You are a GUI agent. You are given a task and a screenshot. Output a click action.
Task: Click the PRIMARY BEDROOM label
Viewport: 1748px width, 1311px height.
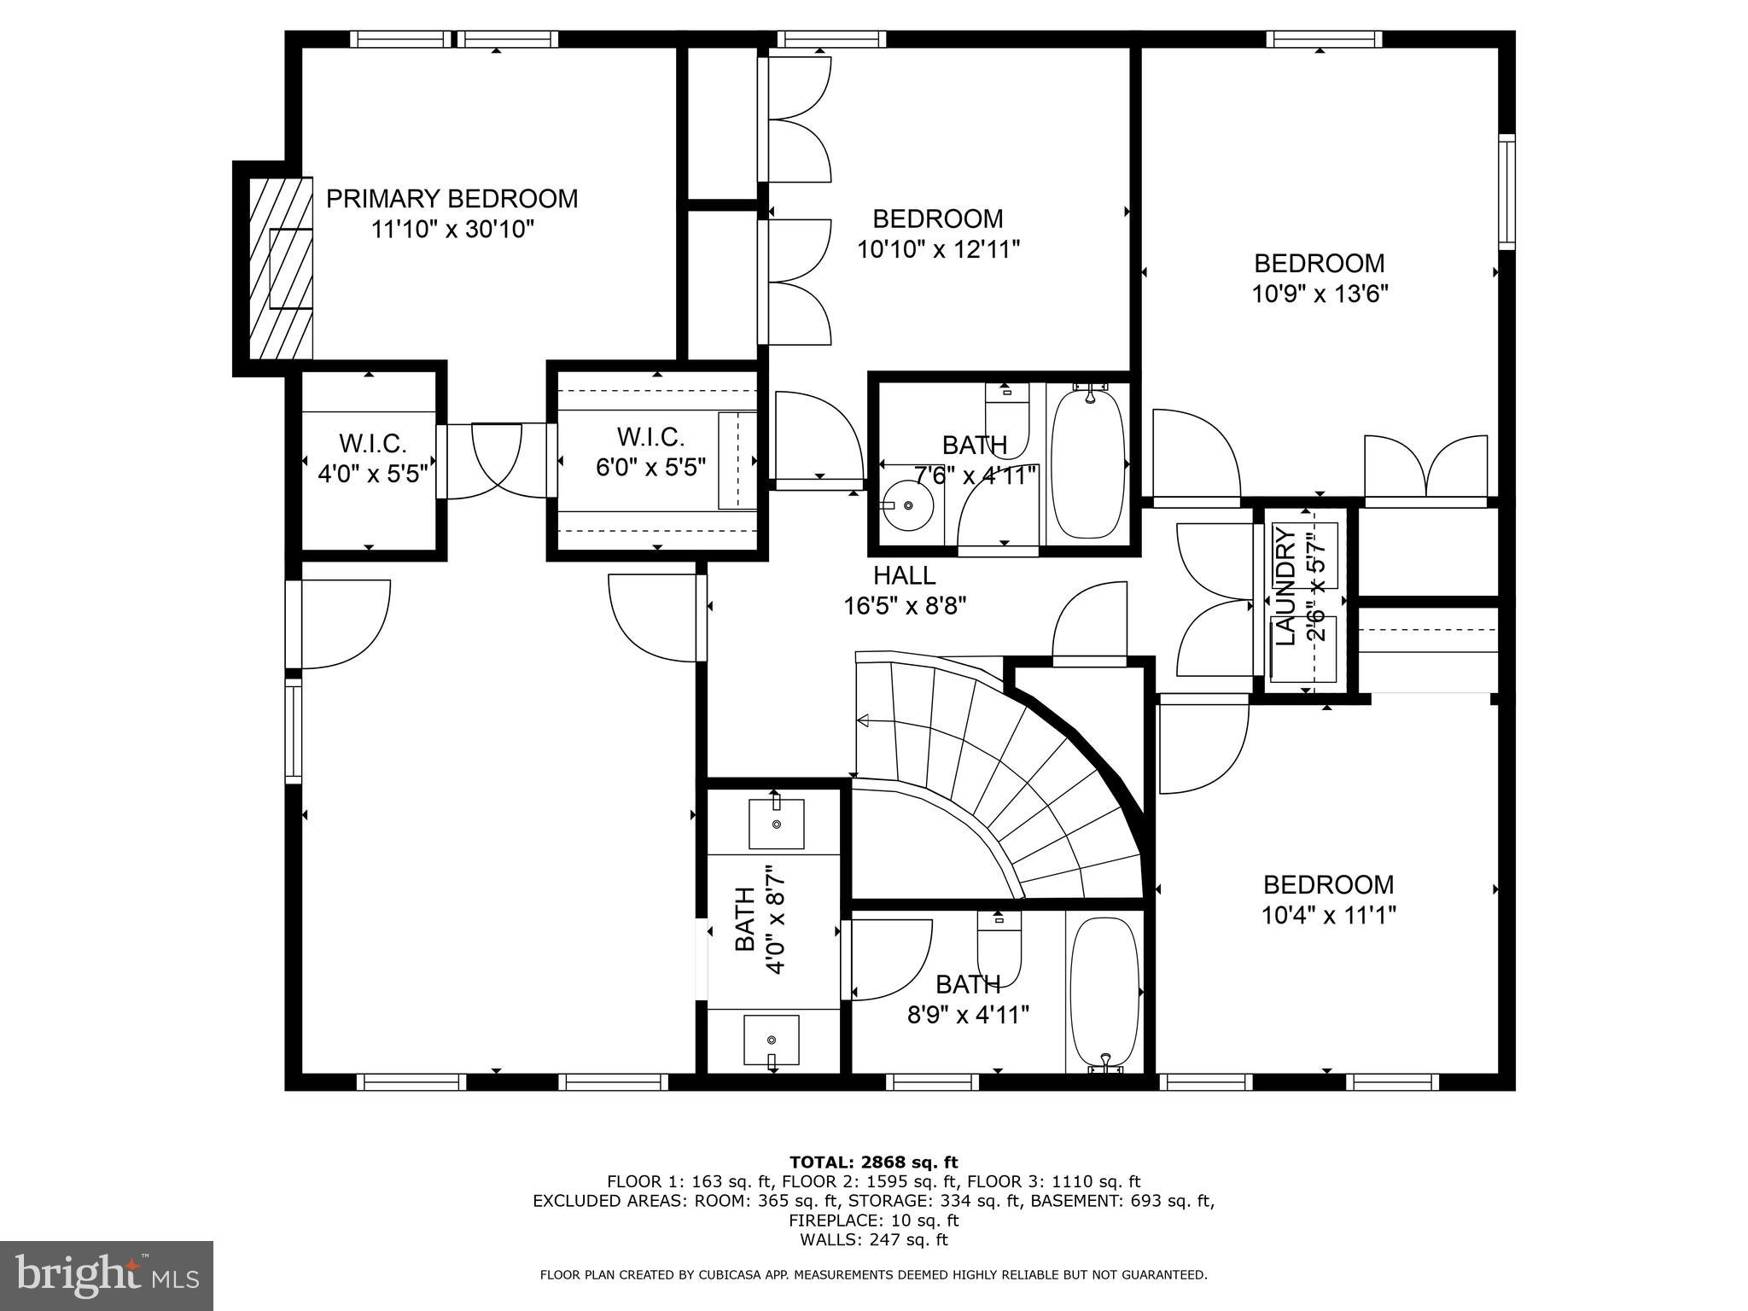[x=452, y=199]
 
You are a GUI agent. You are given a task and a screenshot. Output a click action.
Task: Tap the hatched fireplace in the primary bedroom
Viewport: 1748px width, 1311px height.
[x=281, y=268]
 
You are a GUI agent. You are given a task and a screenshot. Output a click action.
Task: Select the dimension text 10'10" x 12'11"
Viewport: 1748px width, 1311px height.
[x=938, y=249]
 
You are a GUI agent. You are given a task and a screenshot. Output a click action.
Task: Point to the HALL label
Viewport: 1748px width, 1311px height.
[x=904, y=575]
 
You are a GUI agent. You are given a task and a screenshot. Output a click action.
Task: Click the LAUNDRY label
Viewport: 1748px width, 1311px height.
[x=1285, y=586]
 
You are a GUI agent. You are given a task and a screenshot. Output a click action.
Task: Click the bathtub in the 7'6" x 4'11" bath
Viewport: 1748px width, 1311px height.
[x=1087, y=463]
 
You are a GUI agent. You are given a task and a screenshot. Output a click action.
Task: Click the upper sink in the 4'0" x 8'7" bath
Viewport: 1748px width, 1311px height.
[x=776, y=824]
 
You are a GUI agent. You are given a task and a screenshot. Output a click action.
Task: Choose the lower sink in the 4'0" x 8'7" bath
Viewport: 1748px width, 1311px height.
[x=771, y=1040]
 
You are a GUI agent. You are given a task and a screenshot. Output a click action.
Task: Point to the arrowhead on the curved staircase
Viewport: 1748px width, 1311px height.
[x=863, y=721]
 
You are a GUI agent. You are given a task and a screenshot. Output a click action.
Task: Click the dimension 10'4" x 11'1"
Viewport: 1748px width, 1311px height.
[x=1328, y=915]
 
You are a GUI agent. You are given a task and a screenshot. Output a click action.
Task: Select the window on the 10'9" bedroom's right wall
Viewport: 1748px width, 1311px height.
[x=1506, y=192]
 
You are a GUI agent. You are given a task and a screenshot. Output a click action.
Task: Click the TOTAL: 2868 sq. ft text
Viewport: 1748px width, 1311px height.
[x=873, y=1162]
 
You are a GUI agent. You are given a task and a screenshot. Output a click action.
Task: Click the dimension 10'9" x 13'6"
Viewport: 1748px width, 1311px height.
[x=1320, y=294]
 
